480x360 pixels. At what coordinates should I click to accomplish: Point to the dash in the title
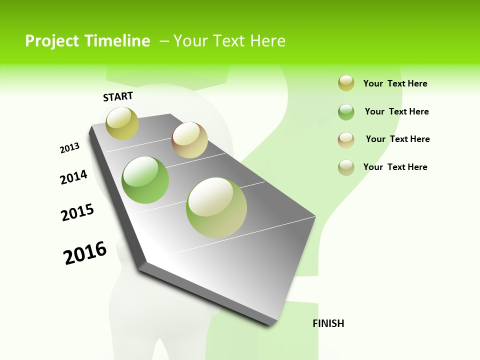164,41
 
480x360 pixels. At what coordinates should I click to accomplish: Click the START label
118,96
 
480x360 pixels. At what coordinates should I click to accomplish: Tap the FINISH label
328,323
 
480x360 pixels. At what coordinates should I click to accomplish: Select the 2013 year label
70,148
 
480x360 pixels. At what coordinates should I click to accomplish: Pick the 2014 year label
74,177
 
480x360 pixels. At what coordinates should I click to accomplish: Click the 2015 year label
77,212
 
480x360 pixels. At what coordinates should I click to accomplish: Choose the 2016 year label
85,253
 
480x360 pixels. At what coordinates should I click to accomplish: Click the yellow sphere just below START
122,123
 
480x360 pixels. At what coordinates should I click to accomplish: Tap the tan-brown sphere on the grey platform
189,140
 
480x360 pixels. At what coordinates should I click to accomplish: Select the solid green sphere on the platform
145,180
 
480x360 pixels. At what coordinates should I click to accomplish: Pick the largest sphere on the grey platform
216,207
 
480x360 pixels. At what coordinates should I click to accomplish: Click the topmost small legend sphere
346,83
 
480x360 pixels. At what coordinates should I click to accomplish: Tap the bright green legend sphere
346,112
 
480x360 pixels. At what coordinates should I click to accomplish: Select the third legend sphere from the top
346,139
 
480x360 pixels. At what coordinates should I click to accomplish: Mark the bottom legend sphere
346,167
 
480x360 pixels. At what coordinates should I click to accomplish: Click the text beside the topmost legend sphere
395,83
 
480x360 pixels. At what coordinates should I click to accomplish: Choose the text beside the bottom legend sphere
395,167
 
